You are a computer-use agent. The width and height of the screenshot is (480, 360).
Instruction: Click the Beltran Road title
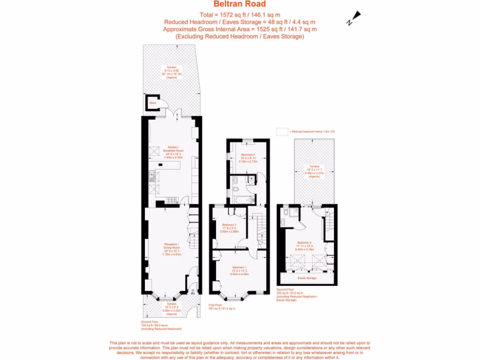click(x=240, y=4)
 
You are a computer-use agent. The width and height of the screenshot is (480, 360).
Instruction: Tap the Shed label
click(x=152, y=102)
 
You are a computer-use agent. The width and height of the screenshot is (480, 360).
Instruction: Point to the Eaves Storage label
click(x=307, y=278)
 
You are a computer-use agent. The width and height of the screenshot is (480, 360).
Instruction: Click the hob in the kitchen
click(x=171, y=200)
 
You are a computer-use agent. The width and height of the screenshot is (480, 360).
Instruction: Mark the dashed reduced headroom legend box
click(x=282, y=132)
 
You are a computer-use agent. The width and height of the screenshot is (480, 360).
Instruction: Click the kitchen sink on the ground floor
click(x=152, y=177)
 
